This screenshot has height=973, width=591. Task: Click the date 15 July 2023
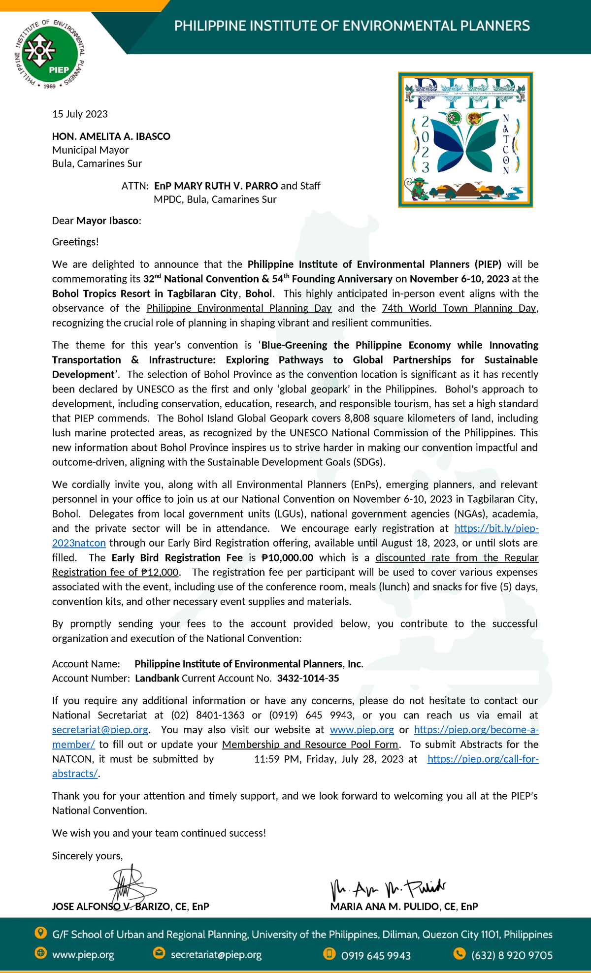tap(80, 114)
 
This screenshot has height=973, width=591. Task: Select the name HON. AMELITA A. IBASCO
tap(111, 136)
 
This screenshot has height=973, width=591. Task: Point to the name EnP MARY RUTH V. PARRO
tap(216, 186)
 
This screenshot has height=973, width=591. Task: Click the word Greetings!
tap(75, 242)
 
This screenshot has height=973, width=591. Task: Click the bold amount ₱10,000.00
tap(287, 558)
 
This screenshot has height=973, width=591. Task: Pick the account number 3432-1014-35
tap(308, 679)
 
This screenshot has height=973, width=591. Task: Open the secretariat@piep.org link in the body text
tap(100, 730)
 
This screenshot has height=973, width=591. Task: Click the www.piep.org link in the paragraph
tap(361, 730)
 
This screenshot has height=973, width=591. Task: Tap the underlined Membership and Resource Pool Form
tap(310, 745)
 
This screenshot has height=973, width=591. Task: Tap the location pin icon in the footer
tap(40, 933)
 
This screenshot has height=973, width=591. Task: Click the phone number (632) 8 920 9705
tap(512, 955)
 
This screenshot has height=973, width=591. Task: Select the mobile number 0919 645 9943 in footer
tap(376, 955)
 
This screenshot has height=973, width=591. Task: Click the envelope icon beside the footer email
tap(159, 954)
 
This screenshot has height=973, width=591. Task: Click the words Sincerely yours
tap(87, 856)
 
